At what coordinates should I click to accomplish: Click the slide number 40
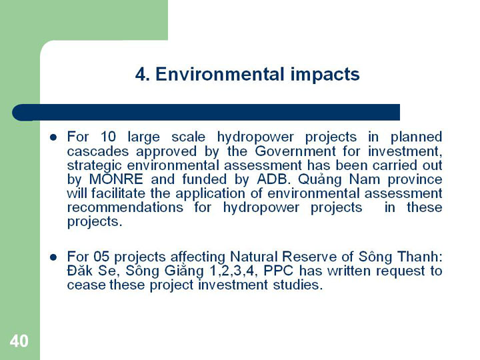click(x=19, y=341)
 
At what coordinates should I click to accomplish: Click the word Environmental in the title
click(x=220, y=74)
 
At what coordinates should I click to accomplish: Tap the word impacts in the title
click(x=325, y=75)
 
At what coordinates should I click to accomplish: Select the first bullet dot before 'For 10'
click(x=53, y=137)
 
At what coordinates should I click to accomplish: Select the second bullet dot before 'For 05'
click(x=53, y=257)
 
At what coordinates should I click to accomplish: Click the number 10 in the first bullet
click(x=108, y=137)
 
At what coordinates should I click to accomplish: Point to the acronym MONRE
click(x=116, y=179)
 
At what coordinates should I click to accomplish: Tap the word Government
click(x=295, y=151)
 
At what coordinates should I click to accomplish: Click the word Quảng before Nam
click(x=319, y=180)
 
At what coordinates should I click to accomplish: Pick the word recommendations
click(x=125, y=207)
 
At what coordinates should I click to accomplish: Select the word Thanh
click(x=420, y=257)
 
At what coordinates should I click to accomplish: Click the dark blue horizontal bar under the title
click(x=206, y=113)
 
